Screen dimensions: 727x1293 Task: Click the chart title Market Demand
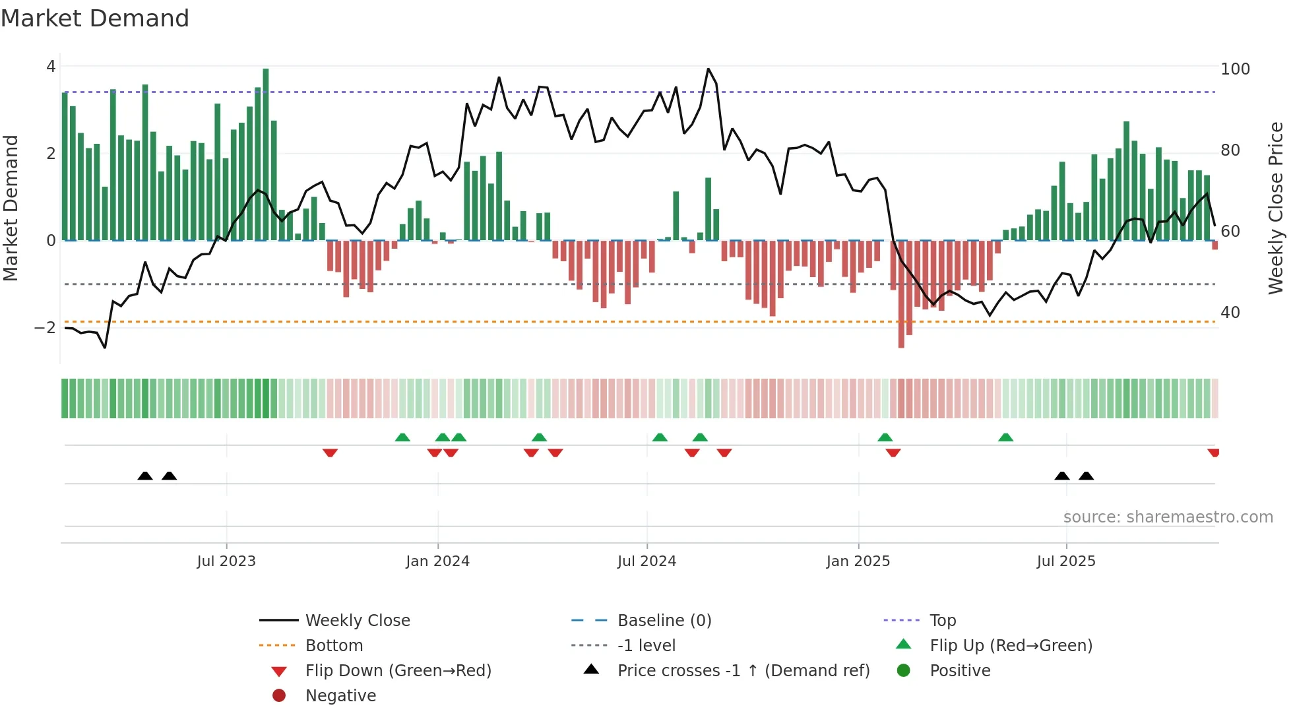point(95,18)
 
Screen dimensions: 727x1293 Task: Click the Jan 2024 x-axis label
point(437,561)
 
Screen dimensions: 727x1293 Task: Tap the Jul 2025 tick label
point(1065,561)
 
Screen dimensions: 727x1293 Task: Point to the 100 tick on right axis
point(1235,69)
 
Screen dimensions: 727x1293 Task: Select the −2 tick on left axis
point(45,328)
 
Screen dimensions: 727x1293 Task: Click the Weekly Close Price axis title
point(1276,208)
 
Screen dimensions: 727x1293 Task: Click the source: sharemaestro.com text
point(1168,517)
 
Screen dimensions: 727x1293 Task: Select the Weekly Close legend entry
point(357,621)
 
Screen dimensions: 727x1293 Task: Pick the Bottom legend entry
point(334,646)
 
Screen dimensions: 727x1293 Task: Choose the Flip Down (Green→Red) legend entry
point(398,671)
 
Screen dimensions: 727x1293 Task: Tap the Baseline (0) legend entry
point(664,621)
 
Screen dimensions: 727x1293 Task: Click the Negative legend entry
point(340,696)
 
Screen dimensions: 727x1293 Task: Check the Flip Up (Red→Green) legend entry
point(1011,646)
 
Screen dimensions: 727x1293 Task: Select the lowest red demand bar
point(901,294)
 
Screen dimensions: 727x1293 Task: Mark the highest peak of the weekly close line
point(709,69)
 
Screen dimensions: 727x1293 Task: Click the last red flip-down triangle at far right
point(1213,453)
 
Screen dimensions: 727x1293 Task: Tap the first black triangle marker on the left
point(145,476)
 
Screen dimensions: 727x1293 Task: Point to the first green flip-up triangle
point(402,437)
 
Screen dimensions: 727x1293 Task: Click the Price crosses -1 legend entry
point(743,671)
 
